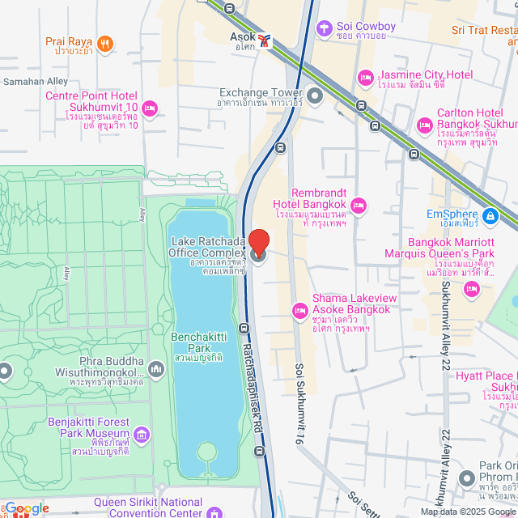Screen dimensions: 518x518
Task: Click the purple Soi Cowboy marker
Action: (325, 28)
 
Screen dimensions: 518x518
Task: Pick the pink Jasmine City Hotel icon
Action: (365, 77)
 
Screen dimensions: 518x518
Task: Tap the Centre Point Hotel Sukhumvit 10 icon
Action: (149, 108)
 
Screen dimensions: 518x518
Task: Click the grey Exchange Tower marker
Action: (315, 97)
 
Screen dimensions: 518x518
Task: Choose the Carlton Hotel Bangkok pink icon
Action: (424, 125)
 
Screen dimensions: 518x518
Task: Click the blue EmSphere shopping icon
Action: (490, 216)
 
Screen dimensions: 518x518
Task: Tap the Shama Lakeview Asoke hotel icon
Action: (299, 310)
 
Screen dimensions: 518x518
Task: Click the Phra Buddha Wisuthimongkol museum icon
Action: (155, 369)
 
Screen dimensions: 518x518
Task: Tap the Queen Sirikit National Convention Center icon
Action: (214, 512)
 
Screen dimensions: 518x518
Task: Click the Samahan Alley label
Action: (36, 82)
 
